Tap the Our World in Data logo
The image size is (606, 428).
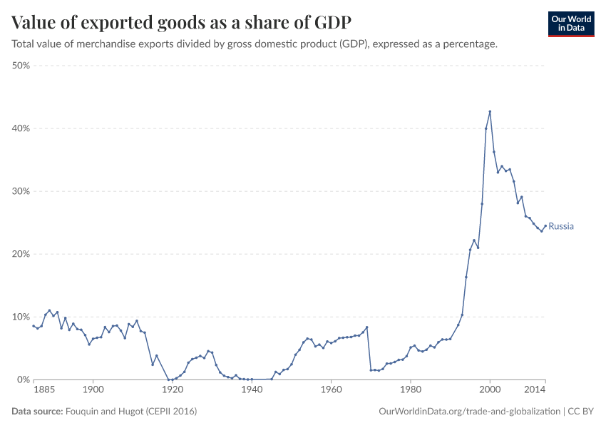570,24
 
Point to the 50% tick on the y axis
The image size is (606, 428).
20,66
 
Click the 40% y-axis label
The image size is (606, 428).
20,128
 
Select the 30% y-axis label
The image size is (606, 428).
20,191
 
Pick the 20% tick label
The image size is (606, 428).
20,254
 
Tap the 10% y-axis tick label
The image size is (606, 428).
20,317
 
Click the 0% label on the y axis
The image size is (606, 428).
23,379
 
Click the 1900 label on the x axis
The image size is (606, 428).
93,391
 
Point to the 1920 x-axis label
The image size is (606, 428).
172,391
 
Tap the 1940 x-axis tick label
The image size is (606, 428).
251,391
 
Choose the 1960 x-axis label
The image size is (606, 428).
331,391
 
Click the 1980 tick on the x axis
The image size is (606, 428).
410,391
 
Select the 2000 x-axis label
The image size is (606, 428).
489,391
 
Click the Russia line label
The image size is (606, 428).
561,226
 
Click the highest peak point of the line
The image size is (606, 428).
490,111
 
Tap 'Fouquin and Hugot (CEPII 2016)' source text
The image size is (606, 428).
130,412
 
